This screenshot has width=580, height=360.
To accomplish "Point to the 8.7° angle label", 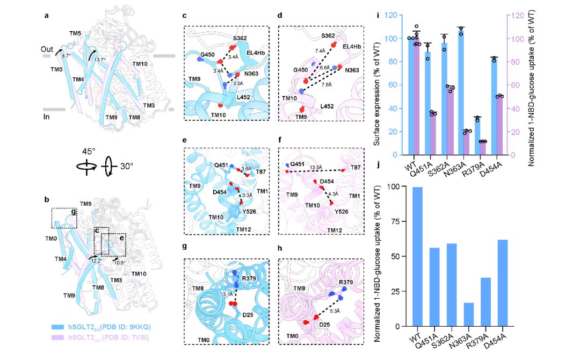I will pos(67,55).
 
